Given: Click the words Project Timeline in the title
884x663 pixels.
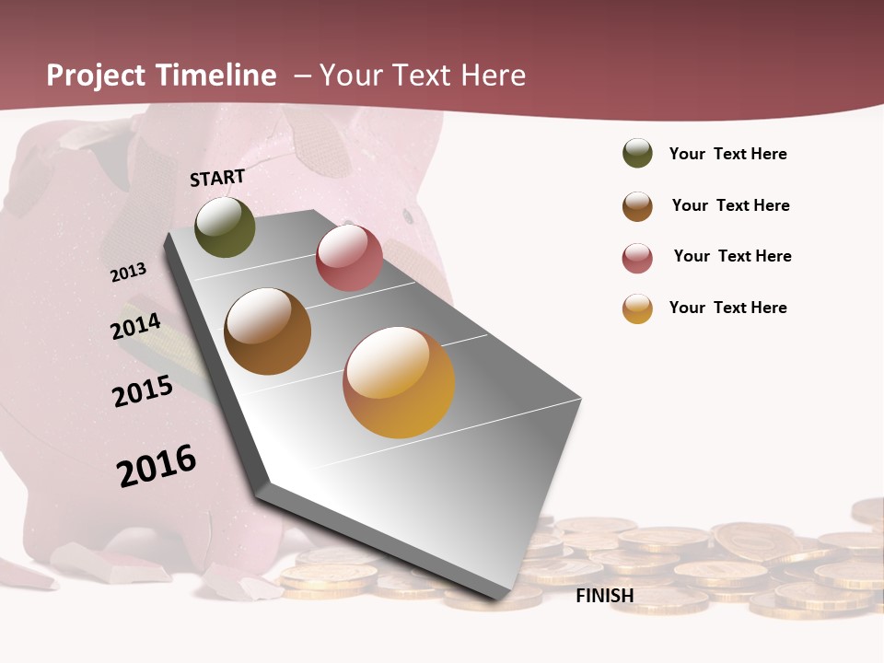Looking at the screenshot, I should (x=161, y=76).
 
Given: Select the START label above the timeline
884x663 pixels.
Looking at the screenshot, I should (x=217, y=178).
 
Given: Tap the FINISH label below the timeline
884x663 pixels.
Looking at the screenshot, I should (x=605, y=596).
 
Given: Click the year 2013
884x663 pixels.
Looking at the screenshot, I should (x=129, y=273).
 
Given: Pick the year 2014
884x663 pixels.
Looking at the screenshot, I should (x=136, y=327).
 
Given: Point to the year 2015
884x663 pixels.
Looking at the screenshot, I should (x=143, y=391).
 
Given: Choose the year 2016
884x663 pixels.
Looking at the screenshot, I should (x=157, y=466).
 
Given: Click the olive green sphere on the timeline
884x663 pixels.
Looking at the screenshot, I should (x=226, y=227).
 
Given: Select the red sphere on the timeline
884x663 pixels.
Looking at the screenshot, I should (x=349, y=258).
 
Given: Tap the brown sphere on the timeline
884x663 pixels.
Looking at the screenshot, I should (x=268, y=331).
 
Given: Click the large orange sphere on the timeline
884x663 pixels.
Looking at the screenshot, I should (x=399, y=382).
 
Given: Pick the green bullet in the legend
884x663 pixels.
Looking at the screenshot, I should (x=637, y=154).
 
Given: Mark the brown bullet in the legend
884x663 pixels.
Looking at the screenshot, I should (x=637, y=206).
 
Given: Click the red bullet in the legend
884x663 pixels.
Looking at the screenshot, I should (x=637, y=258).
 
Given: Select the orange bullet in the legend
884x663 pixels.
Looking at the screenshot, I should (x=637, y=308).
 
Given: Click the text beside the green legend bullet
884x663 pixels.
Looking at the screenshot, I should (x=728, y=155).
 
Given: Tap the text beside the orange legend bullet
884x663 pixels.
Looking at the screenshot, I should (x=728, y=308).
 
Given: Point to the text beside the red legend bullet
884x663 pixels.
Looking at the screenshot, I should (x=733, y=256).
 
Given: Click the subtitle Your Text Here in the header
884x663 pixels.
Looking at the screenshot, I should (x=423, y=76).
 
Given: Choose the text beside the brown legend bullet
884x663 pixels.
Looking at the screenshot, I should (x=731, y=205).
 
